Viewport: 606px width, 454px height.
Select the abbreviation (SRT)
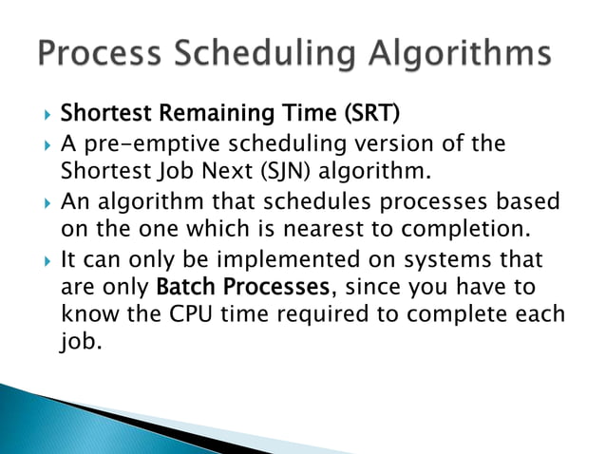pyautogui.click(x=365, y=115)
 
